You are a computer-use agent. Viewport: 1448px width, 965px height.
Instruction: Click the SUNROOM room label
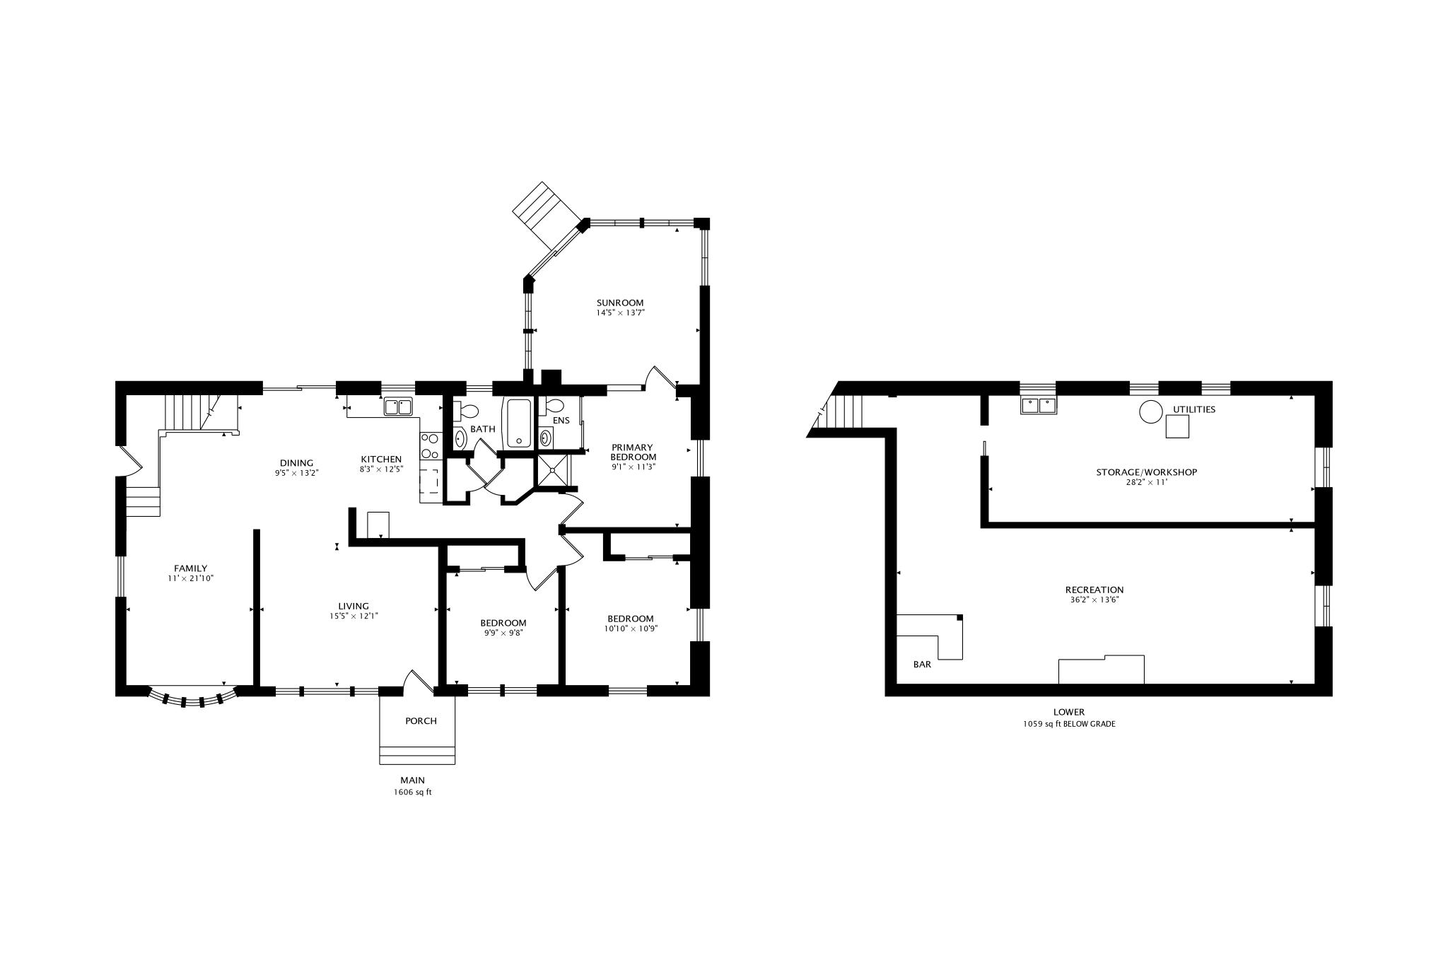[x=620, y=303]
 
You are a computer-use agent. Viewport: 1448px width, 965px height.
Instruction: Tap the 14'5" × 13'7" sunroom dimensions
[x=620, y=312]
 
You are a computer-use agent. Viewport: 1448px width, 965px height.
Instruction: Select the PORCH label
[x=421, y=721]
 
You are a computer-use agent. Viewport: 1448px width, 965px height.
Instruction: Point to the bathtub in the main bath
[x=518, y=423]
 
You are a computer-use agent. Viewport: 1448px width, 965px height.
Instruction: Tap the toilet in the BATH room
[x=468, y=410]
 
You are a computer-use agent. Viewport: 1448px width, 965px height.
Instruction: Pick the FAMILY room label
[x=191, y=568]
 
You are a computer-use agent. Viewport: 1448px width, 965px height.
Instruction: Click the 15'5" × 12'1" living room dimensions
[x=354, y=616]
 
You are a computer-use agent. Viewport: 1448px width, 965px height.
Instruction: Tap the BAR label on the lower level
[x=922, y=665]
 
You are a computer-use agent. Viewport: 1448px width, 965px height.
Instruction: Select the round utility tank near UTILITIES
[x=1150, y=411]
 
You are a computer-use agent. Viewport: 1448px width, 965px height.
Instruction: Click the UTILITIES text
[x=1194, y=409]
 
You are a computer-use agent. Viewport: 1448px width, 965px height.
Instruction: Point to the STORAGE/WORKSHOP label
[x=1146, y=472]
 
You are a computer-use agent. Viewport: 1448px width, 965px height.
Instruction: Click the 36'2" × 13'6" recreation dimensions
[x=1094, y=600]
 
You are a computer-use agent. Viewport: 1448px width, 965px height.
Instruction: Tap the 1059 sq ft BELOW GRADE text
[x=1068, y=724]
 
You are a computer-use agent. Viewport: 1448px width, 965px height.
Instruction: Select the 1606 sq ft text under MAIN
[x=412, y=793]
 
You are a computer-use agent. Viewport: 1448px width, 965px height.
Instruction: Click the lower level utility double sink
[x=1039, y=405]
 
